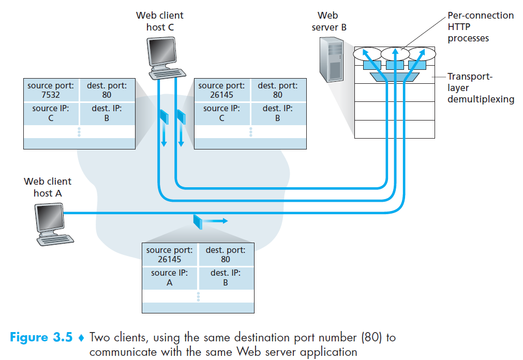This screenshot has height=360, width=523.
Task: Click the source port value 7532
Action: click(x=51, y=95)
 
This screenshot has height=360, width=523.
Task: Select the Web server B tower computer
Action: click(x=332, y=59)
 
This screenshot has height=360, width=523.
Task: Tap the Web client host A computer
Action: click(x=54, y=224)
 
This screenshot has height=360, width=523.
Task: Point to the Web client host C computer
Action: click(x=166, y=58)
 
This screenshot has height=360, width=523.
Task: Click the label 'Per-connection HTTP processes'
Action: click(x=480, y=27)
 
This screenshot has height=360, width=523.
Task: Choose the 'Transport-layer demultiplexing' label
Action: click(x=481, y=88)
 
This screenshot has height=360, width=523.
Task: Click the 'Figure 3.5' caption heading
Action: click(x=41, y=337)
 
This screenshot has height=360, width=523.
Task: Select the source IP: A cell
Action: click(x=170, y=278)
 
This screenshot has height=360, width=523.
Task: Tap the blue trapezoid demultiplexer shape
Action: click(x=395, y=77)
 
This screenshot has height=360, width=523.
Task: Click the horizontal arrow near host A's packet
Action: click(x=215, y=221)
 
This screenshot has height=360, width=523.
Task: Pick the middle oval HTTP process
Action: click(x=395, y=54)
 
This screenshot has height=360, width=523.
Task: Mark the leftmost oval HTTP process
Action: click(x=367, y=54)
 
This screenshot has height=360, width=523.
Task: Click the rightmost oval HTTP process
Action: click(x=422, y=54)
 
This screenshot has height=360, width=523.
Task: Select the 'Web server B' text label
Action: click(x=329, y=21)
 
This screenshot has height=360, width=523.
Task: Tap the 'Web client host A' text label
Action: click(x=48, y=187)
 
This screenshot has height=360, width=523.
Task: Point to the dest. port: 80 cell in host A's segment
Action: click(x=226, y=255)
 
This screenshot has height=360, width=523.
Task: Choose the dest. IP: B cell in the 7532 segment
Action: click(x=107, y=113)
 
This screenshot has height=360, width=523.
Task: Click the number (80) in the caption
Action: click(x=371, y=337)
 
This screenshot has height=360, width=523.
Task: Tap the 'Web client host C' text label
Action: click(x=160, y=21)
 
